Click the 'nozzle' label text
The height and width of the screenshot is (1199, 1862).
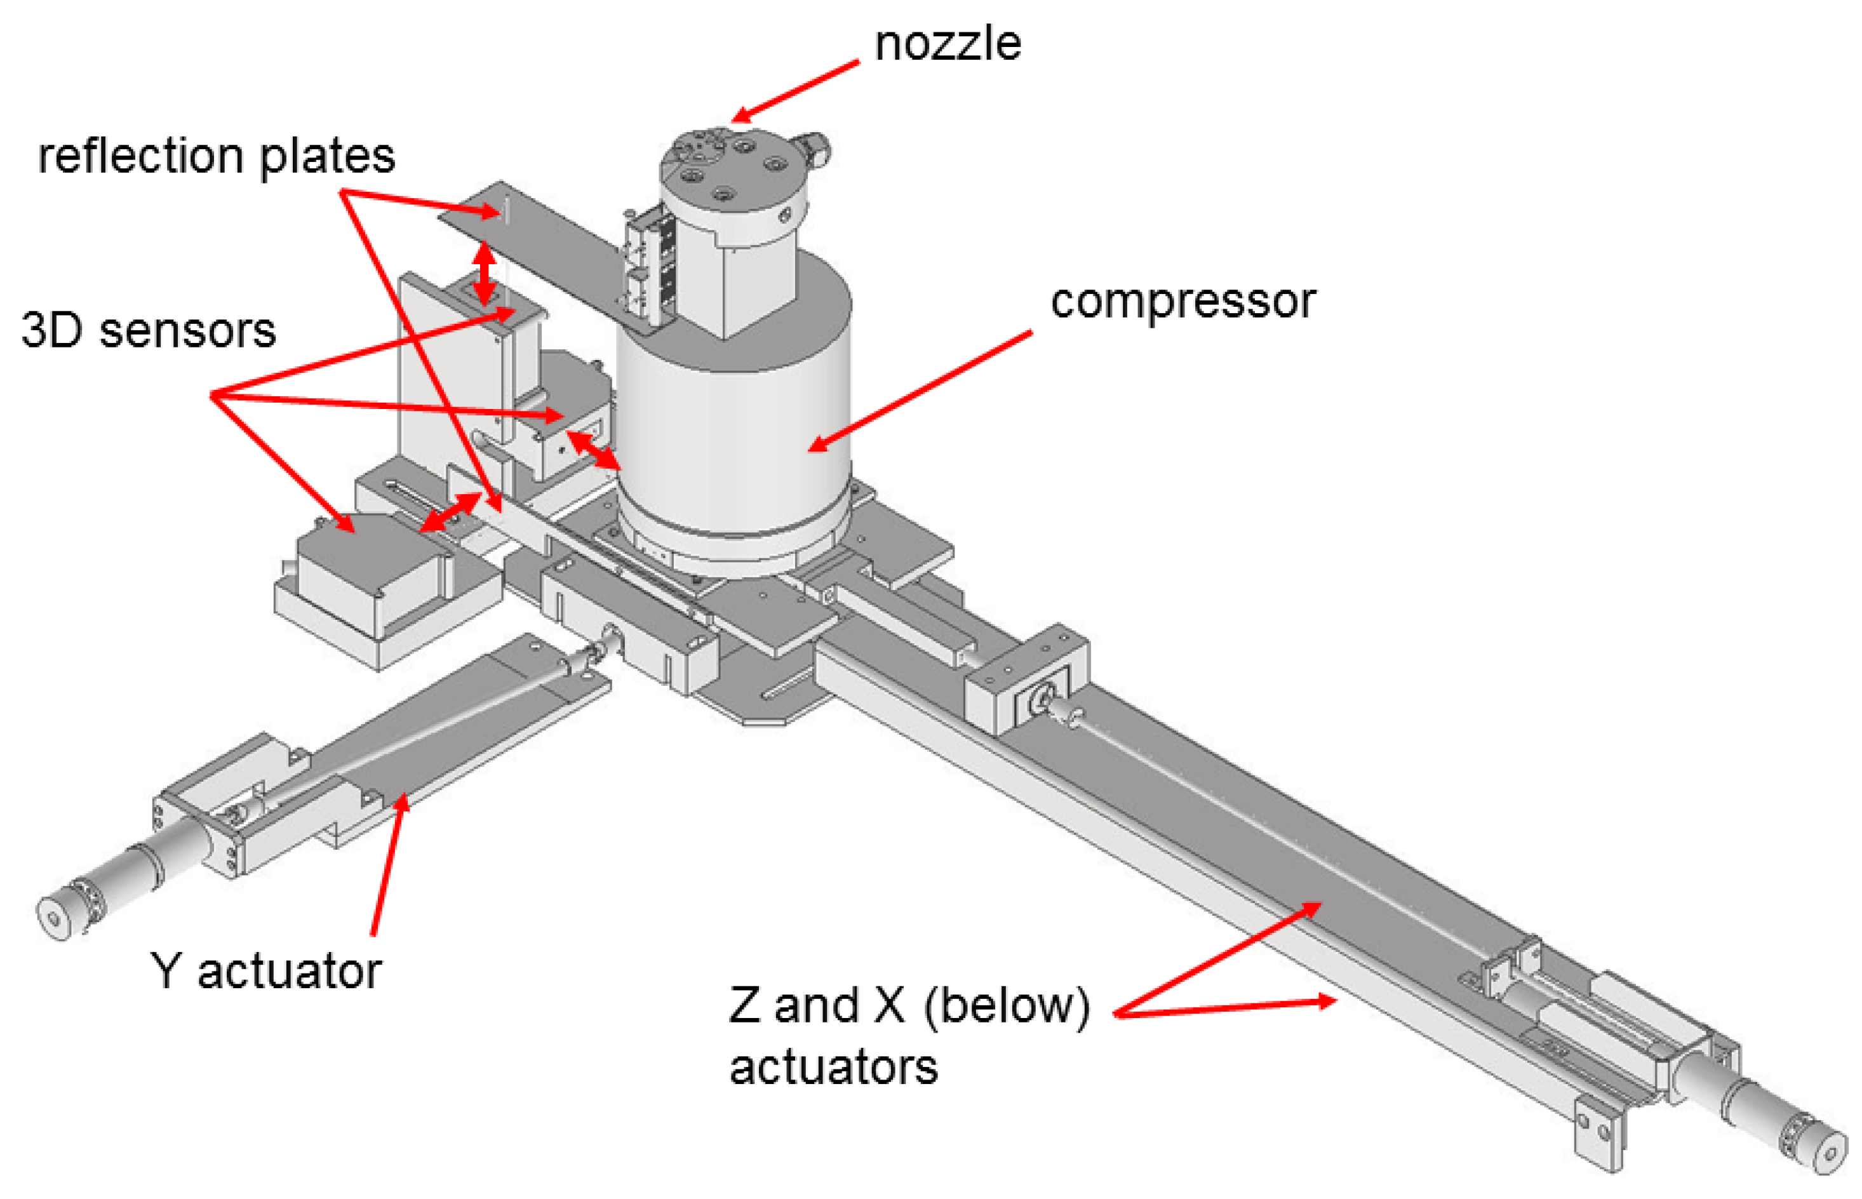(x=947, y=44)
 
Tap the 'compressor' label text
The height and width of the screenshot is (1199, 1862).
(x=1182, y=302)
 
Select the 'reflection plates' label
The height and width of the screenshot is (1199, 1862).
(x=217, y=156)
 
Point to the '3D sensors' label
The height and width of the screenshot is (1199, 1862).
(x=148, y=330)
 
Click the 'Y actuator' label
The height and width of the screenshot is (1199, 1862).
(x=265, y=971)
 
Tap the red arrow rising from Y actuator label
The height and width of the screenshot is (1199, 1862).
(x=387, y=864)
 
